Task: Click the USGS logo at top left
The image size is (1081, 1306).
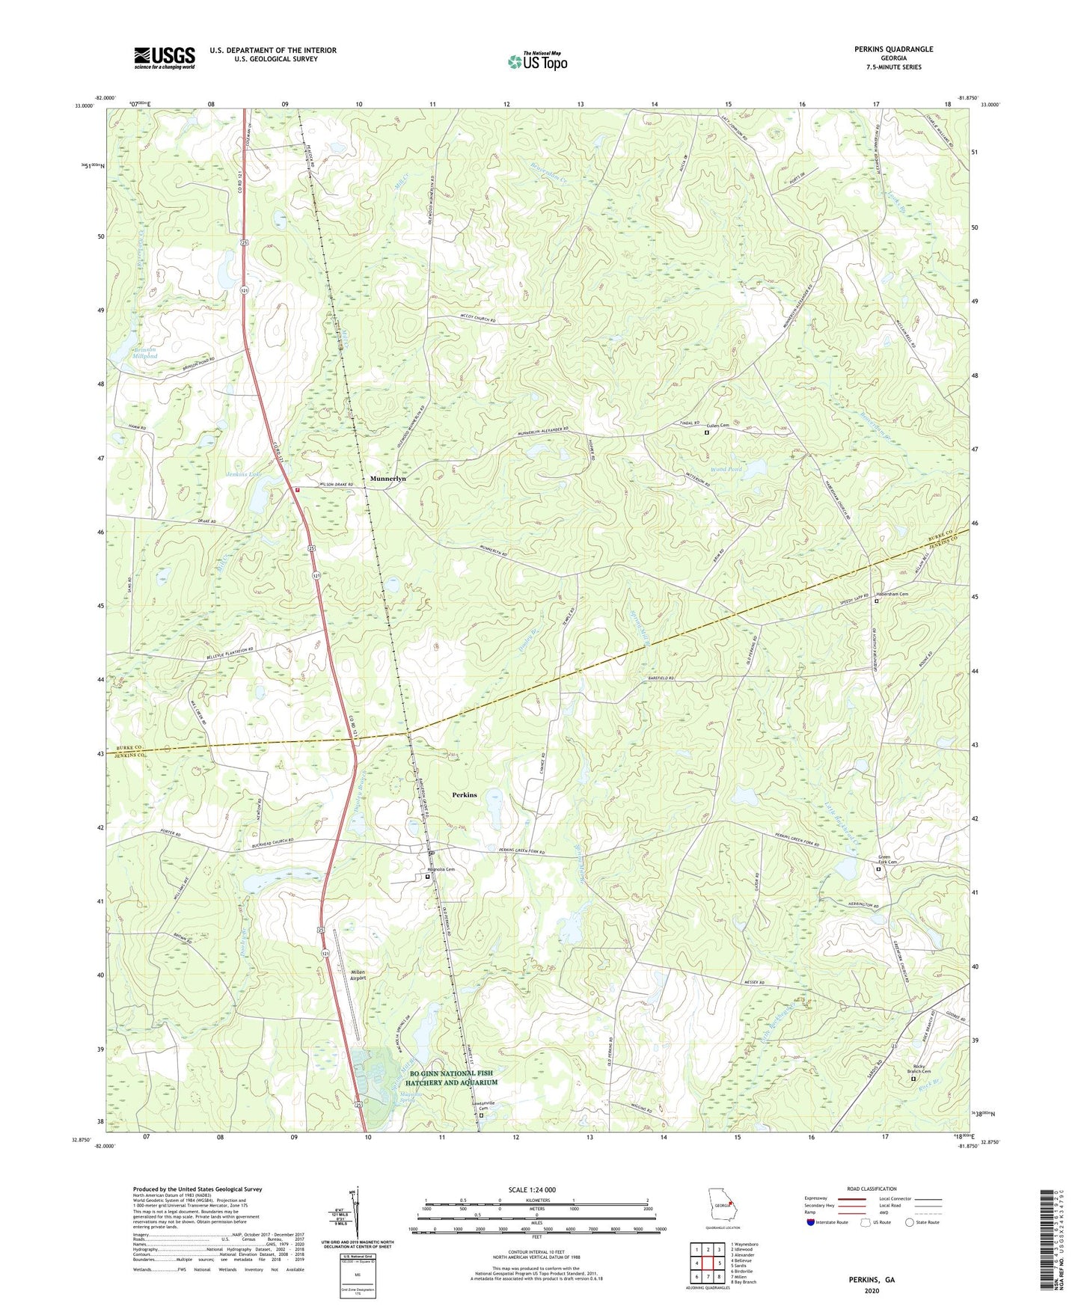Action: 165,58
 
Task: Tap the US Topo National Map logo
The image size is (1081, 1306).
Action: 537,61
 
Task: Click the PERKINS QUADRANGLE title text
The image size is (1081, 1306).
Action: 893,49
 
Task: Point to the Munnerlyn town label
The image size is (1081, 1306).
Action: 388,478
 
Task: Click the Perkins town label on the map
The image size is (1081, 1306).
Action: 464,794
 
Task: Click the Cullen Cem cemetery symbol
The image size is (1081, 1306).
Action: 707,432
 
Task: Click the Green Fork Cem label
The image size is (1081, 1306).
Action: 889,860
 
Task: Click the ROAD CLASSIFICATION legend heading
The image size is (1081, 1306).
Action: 871,1189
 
